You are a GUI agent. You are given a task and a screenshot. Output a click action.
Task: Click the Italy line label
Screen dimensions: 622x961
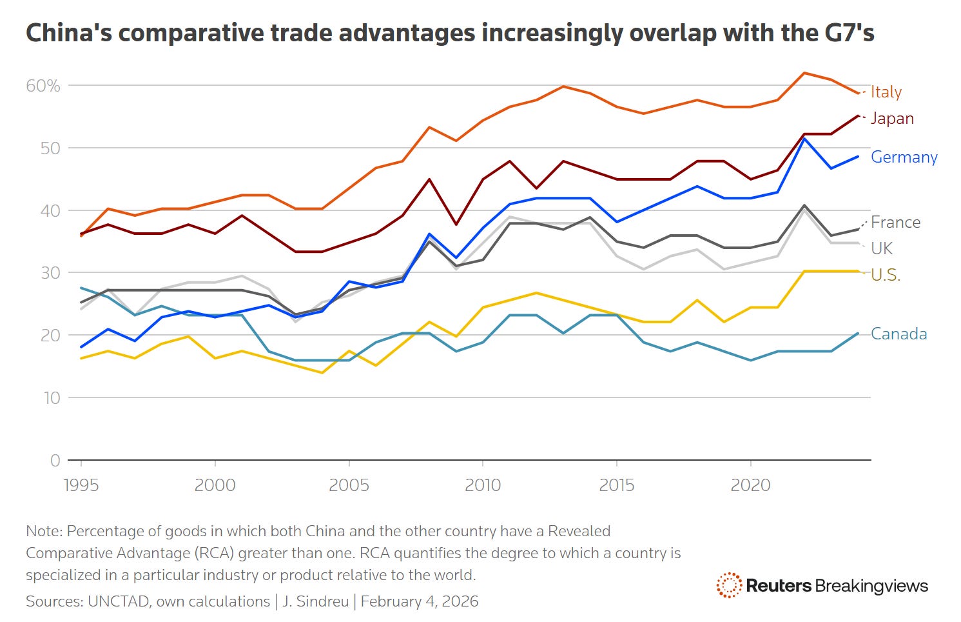coord(886,92)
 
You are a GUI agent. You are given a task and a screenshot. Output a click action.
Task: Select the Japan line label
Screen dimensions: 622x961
coord(891,119)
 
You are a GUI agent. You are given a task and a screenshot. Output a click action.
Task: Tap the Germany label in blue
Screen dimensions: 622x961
coord(904,157)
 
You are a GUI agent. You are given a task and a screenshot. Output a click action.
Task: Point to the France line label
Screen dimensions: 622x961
coord(895,223)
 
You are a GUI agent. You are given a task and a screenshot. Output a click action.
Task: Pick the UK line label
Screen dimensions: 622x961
coord(882,248)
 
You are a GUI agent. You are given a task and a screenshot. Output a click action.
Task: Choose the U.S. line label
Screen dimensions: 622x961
coord(886,275)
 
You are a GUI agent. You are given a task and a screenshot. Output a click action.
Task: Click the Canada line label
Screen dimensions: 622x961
coord(898,334)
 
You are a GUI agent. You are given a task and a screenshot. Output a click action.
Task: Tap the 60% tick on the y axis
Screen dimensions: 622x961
coord(43,86)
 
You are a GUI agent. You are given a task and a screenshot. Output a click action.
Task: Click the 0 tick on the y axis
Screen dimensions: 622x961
coord(55,461)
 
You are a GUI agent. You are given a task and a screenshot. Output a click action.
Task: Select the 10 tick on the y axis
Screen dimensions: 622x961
coord(52,398)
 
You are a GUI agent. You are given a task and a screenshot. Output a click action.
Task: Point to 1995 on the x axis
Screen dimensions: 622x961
coord(81,485)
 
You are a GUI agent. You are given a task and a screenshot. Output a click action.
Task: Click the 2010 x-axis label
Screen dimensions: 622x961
coord(483,485)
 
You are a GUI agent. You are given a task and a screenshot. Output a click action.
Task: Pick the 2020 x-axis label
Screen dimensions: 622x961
coord(750,485)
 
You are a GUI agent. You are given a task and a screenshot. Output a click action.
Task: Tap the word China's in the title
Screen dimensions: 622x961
coord(68,33)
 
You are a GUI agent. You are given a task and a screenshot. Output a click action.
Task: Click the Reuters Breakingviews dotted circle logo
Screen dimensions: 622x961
coord(729,585)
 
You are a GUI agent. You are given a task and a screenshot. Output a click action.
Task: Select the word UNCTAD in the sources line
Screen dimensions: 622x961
coord(116,601)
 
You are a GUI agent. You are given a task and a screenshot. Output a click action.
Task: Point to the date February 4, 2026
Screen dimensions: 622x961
coord(420,601)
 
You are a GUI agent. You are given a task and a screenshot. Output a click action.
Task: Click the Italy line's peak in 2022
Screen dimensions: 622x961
coord(804,73)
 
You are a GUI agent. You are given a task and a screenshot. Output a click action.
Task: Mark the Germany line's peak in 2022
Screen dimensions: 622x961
coord(804,139)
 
